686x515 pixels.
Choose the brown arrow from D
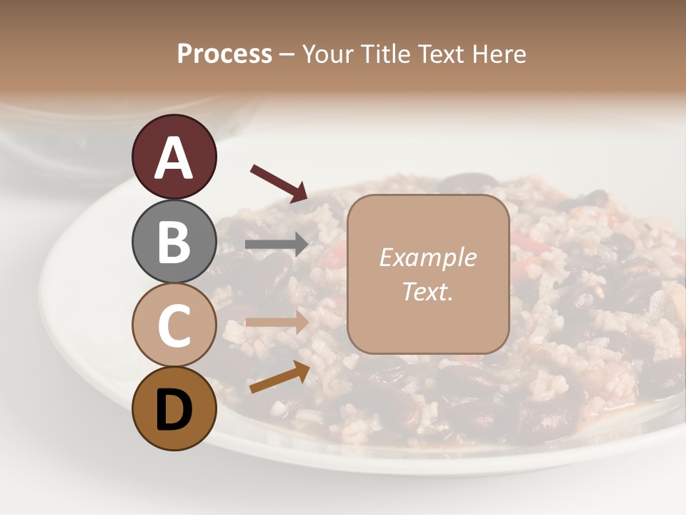tap(279, 377)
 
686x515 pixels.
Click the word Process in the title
tap(224, 54)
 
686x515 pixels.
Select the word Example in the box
tap(427, 257)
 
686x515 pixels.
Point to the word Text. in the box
tap(427, 292)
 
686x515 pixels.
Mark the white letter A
tap(174, 158)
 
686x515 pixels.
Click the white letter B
tap(174, 242)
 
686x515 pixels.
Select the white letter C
tap(174, 325)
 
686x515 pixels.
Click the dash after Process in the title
tap(287, 55)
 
